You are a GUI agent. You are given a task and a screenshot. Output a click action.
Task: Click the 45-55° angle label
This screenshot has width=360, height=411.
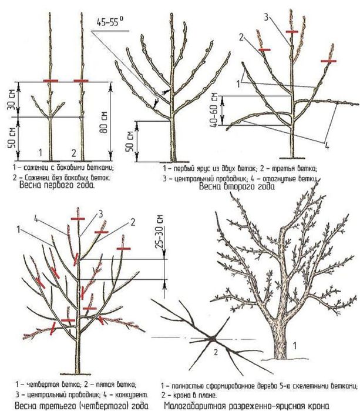point(110,22)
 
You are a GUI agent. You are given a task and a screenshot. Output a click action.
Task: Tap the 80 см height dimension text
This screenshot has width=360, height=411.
point(104,122)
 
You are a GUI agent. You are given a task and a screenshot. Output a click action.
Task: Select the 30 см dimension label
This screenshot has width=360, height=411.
point(12,99)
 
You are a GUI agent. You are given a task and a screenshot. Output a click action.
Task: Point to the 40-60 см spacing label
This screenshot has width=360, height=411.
point(214,110)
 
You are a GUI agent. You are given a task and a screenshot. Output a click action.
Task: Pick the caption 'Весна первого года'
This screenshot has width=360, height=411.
point(57,185)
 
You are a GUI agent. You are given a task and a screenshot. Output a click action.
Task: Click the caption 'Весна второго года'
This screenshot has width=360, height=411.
point(237,186)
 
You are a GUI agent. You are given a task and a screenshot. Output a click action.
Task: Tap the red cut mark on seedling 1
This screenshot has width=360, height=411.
point(51,81)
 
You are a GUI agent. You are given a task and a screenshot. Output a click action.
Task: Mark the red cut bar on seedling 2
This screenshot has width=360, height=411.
point(81,81)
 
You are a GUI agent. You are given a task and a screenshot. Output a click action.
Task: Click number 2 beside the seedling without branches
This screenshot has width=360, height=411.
point(73,153)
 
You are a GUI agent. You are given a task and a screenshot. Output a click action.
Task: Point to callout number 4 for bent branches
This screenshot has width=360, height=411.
point(327,145)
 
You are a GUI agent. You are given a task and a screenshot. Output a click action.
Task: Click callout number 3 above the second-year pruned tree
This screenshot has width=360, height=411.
point(266,18)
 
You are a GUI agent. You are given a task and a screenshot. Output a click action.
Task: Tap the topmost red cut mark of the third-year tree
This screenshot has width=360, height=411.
point(78,219)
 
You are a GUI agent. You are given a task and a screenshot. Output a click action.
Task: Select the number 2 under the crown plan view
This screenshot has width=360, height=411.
point(216,352)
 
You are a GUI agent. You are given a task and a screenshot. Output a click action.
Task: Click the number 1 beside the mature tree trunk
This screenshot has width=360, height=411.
point(295,346)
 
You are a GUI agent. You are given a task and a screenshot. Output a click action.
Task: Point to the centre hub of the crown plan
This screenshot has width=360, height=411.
point(213,339)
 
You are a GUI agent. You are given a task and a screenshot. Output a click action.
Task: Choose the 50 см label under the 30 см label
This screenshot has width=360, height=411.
point(12,138)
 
